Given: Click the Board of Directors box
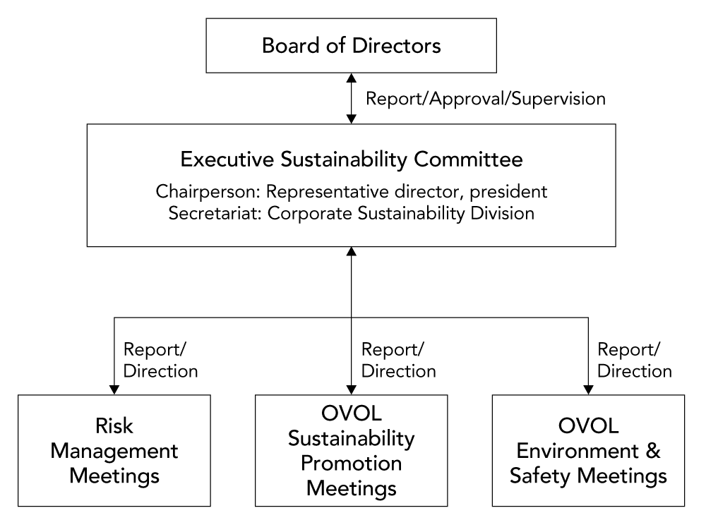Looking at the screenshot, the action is [x=351, y=45].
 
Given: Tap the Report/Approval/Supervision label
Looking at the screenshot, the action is [x=486, y=99].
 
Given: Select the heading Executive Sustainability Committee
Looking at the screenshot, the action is [x=351, y=159].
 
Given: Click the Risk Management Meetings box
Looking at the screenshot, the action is [x=114, y=451].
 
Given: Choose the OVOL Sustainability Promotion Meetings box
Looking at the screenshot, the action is [x=351, y=451].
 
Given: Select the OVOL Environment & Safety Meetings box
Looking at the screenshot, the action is [x=588, y=451].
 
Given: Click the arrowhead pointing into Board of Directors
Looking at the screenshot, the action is [x=351, y=78].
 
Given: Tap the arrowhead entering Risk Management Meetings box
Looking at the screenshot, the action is [x=114, y=389].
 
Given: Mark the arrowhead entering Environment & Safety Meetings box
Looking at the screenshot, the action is [x=588, y=389].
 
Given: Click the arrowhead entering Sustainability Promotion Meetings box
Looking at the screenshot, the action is [x=351, y=389].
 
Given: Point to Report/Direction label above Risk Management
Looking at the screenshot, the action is [x=160, y=360].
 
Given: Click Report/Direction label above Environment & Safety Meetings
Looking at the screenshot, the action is [x=635, y=360].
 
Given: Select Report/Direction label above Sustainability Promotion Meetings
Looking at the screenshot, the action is [x=398, y=360].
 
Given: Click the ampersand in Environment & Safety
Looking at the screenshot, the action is [x=653, y=451].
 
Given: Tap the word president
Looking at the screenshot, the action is [x=508, y=192].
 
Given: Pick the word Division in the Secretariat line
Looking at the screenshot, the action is [x=502, y=213].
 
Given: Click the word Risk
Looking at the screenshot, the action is [x=114, y=425].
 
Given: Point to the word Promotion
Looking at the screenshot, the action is [x=351, y=463].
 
